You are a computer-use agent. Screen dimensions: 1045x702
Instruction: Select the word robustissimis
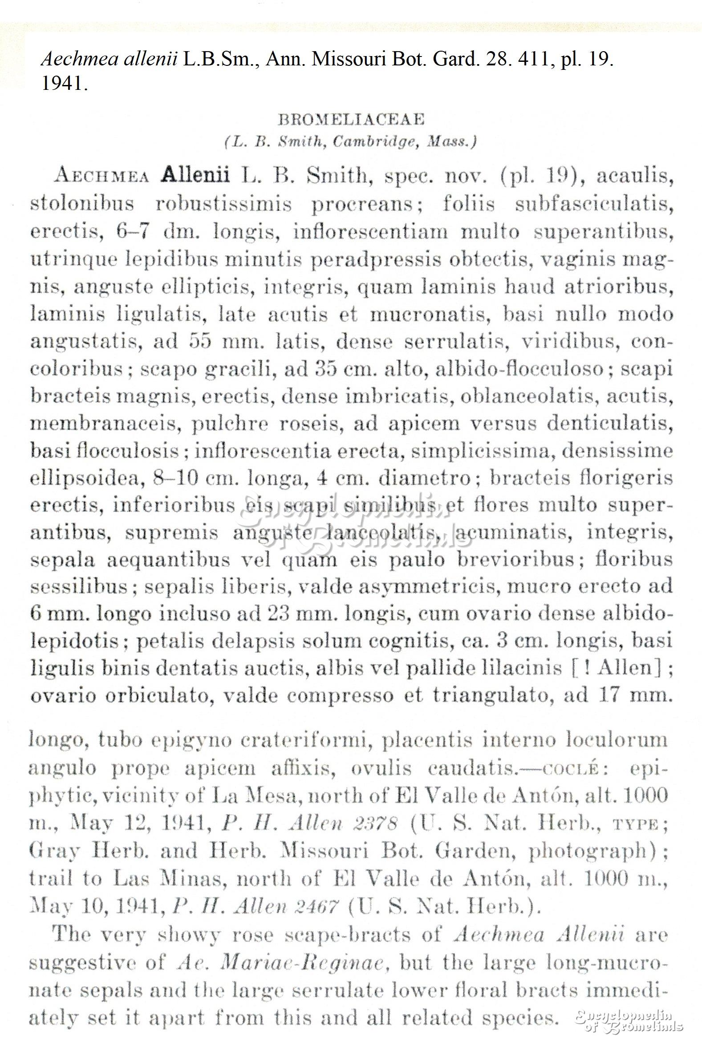point(223,204)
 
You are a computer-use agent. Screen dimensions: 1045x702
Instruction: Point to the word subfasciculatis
point(594,204)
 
